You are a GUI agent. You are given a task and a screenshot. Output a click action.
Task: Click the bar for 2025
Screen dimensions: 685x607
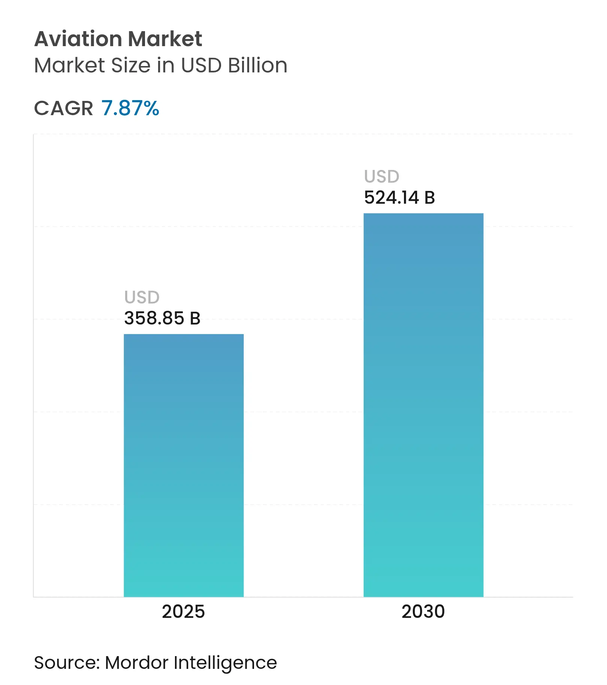(184, 465)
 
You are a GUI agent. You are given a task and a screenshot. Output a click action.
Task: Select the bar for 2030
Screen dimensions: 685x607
(423, 405)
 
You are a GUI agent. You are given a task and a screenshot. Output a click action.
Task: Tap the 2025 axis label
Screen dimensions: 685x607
(183, 612)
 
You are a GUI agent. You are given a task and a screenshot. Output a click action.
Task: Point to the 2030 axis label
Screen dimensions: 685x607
(423, 612)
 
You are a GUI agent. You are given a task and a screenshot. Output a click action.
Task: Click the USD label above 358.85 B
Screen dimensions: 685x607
(142, 297)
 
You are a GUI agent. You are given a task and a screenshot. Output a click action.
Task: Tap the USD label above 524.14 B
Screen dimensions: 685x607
(382, 177)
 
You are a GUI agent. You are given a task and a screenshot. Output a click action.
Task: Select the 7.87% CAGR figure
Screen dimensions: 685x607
(130, 108)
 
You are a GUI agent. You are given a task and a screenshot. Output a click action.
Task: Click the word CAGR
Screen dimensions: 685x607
(63, 108)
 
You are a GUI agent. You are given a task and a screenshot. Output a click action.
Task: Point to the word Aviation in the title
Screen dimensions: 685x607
(78, 39)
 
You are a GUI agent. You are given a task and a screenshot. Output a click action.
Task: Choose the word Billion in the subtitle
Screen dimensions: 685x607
(258, 66)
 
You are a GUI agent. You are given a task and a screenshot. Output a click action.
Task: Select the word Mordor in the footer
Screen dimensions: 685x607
(137, 663)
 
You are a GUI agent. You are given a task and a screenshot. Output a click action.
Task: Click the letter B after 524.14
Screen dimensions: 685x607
(429, 198)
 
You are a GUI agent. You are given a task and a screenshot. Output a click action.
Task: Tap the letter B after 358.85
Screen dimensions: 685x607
(195, 318)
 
